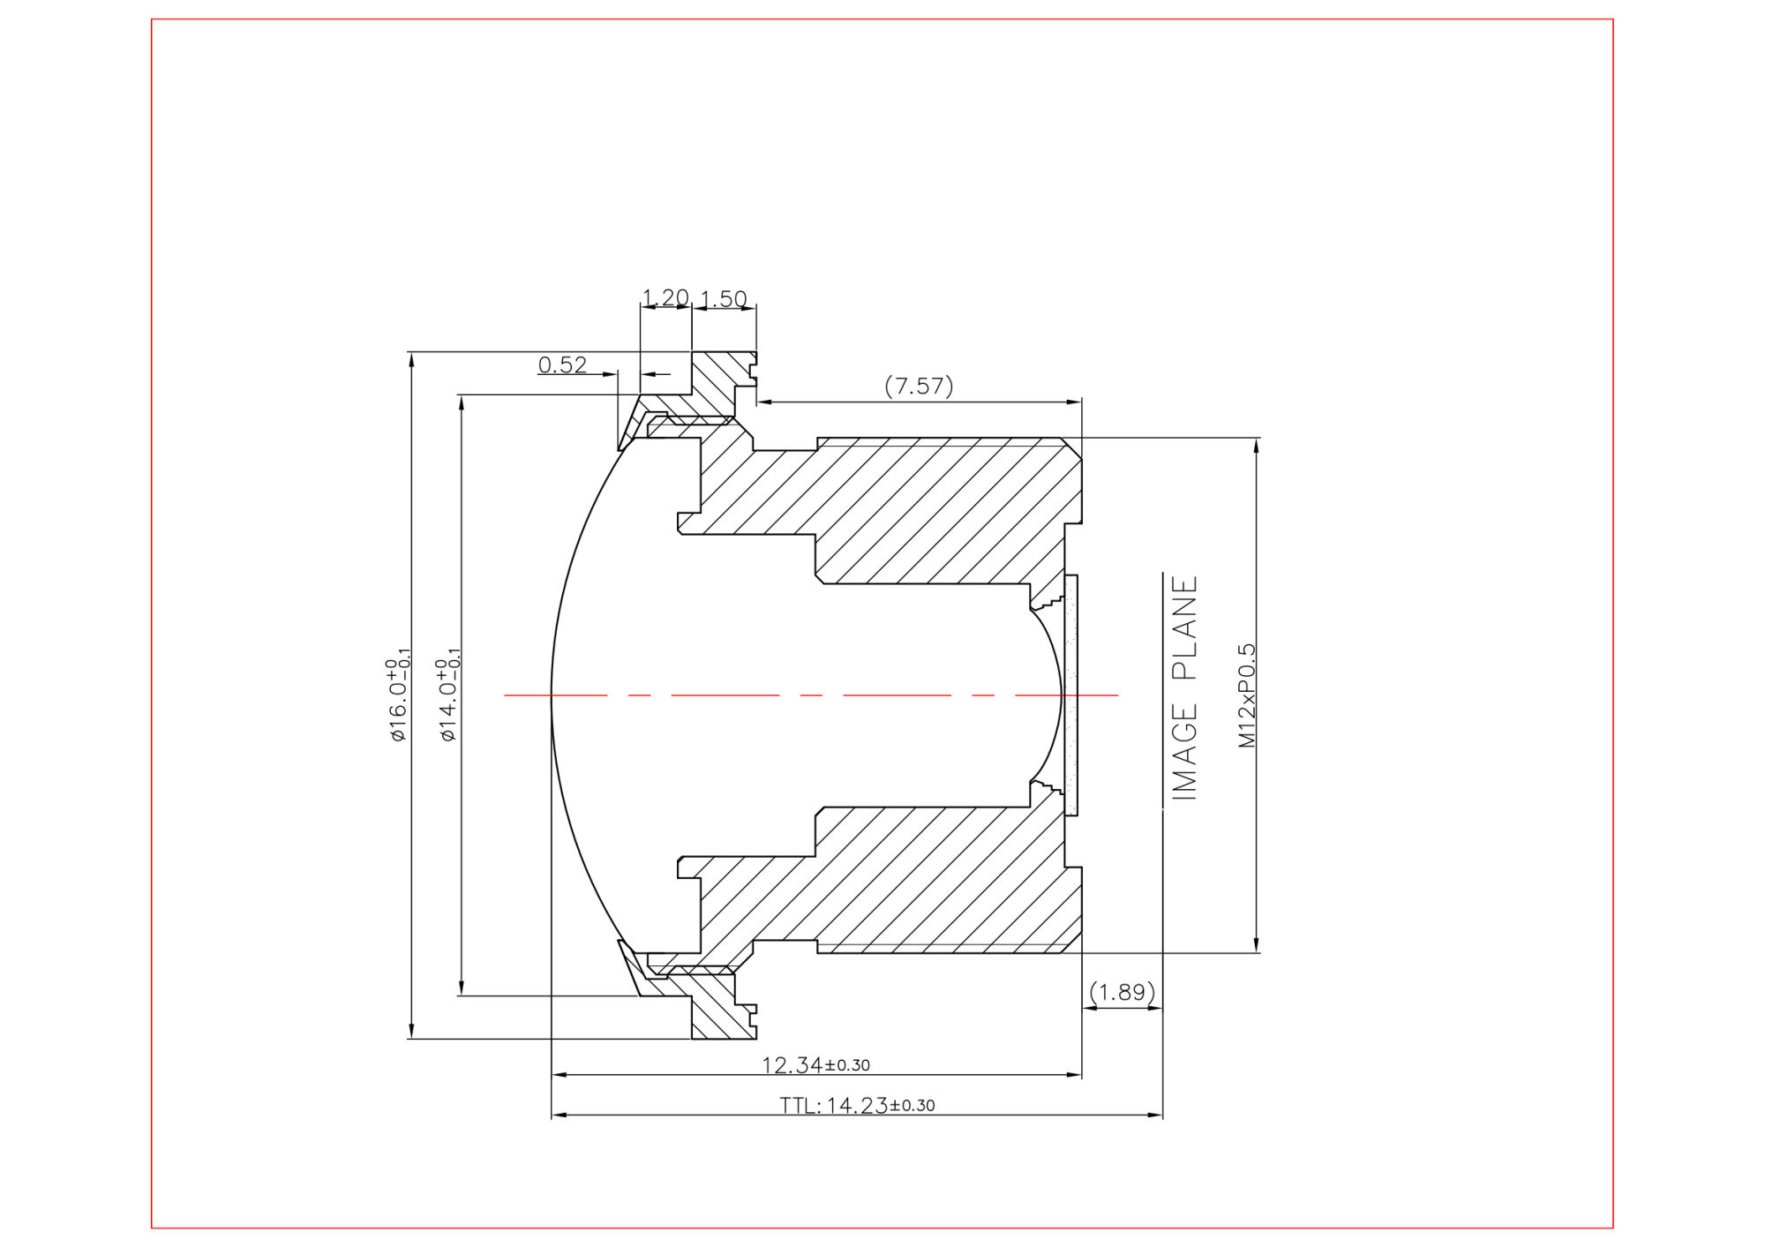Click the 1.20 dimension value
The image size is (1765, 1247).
[665, 297]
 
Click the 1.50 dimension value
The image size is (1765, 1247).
[724, 299]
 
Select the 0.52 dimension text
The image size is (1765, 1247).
[562, 364]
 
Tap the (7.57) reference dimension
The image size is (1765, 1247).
[919, 386]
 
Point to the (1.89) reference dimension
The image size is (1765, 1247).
[1122, 992]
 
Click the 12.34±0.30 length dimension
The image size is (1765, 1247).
[815, 1065]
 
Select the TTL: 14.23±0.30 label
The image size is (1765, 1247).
[857, 1106]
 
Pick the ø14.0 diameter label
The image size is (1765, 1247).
[448, 697]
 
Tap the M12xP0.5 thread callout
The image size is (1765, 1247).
[1246, 695]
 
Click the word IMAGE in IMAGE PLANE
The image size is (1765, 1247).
[1184, 752]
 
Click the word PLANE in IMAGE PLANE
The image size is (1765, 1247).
[1184, 627]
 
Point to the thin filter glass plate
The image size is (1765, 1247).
[1071, 695]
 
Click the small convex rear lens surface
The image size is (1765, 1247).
[1056, 695]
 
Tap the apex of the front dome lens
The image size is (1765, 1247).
[552, 695]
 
